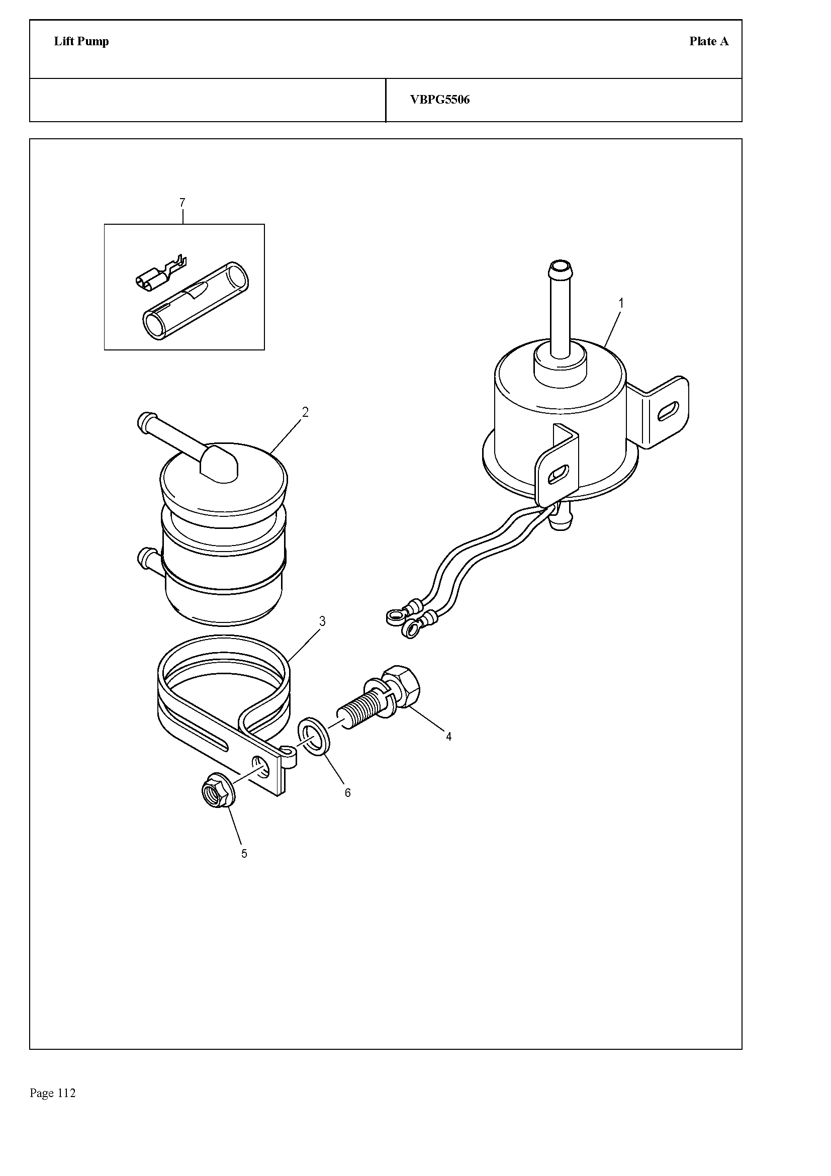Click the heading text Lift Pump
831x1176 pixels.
pyautogui.click(x=81, y=42)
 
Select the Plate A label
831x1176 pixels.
pyautogui.click(x=709, y=42)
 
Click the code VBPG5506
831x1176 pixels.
pyautogui.click(x=440, y=100)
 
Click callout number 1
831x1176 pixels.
pyautogui.click(x=621, y=304)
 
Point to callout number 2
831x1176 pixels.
pyautogui.click(x=305, y=412)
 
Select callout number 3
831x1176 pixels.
pyautogui.click(x=322, y=621)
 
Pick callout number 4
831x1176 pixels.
pyautogui.click(x=448, y=737)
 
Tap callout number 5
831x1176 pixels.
pyautogui.click(x=244, y=854)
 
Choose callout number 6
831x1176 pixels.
pyautogui.click(x=348, y=793)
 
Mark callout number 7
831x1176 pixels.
pyautogui.click(x=182, y=203)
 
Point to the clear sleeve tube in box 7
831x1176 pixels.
pyautogui.click(x=195, y=301)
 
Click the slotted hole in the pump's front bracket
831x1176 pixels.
pyautogui.click(x=558, y=474)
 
